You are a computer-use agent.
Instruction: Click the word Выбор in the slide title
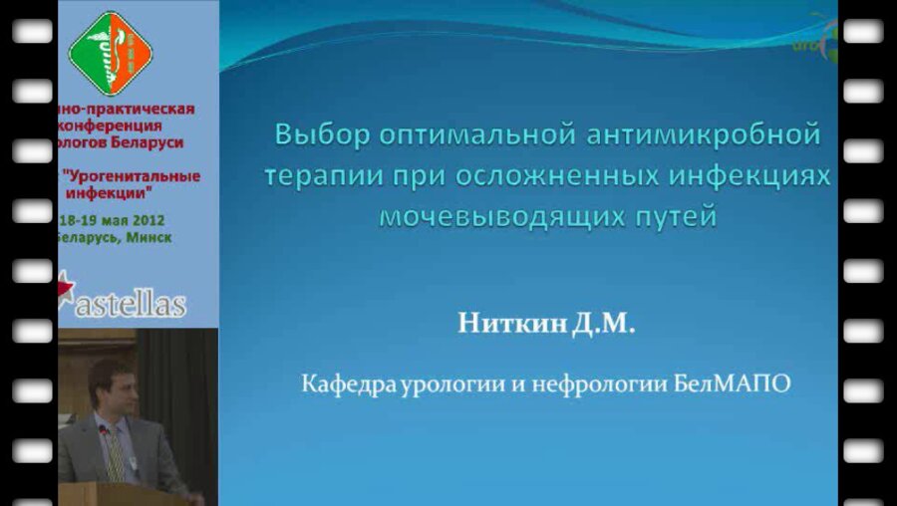[317, 133]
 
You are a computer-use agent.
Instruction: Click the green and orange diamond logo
[110, 52]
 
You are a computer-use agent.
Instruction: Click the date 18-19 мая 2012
[112, 220]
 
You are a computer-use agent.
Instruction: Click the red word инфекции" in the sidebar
[116, 191]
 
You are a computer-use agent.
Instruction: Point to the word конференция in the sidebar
[113, 126]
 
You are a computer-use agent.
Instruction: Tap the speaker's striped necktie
[116, 454]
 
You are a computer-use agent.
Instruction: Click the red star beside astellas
[66, 289]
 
